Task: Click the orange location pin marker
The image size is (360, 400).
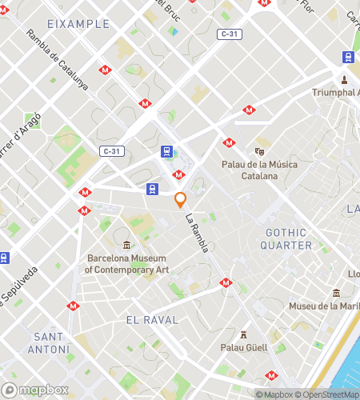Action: click(x=181, y=199)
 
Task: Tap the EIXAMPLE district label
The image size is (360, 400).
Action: click(x=78, y=24)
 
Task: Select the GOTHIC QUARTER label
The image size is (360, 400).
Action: click(x=286, y=238)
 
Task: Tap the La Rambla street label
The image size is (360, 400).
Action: click(x=197, y=233)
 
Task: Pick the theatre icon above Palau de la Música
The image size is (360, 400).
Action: click(x=259, y=150)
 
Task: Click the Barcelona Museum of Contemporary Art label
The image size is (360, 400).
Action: click(x=128, y=264)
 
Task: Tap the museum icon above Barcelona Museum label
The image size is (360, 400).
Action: click(x=127, y=244)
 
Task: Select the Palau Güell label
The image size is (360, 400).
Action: click(x=243, y=347)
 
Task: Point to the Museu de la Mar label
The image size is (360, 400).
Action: click(x=323, y=306)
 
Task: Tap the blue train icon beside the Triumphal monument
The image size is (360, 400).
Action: click(x=349, y=58)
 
